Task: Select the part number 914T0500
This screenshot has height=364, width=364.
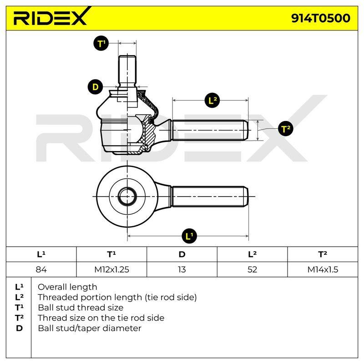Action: [x=321, y=18]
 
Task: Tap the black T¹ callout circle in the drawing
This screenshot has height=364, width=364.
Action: [x=101, y=43]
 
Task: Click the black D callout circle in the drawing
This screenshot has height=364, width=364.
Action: [x=96, y=87]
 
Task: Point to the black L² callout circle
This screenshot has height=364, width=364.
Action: [x=212, y=101]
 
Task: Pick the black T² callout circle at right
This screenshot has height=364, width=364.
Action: [x=286, y=129]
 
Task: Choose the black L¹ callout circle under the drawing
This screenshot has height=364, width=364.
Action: [x=189, y=236]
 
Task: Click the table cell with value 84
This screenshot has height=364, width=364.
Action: [x=41, y=269]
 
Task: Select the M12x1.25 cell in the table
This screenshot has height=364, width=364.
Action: [x=111, y=269]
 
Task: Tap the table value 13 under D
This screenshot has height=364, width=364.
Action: [x=182, y=269]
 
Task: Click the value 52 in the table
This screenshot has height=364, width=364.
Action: [x=253, y=269]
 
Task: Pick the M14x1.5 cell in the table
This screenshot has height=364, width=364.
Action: [x=323, y=269]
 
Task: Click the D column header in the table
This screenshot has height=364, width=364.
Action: [x=182, y=254]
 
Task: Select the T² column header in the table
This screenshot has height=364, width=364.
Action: [x=323, y=254]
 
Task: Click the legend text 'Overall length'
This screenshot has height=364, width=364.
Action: [x=67, y=288]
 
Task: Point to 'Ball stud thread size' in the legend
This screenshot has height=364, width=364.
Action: [x=81, y=308]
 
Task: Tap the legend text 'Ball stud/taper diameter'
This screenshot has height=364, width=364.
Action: [x=90, y=329]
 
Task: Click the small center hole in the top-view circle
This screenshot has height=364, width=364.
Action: [x=127, y=197]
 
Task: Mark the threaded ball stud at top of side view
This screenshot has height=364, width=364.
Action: [x=127, y=71]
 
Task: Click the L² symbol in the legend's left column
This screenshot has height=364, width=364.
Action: [x=19, y=297]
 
